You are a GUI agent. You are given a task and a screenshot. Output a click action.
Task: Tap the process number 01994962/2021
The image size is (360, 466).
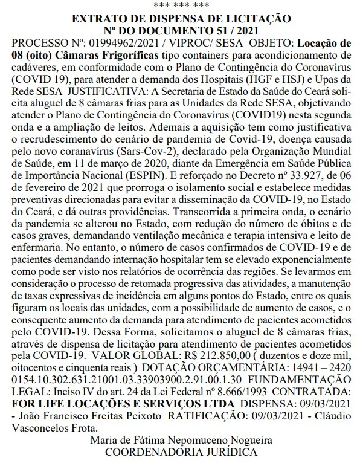tap(109, 44)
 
